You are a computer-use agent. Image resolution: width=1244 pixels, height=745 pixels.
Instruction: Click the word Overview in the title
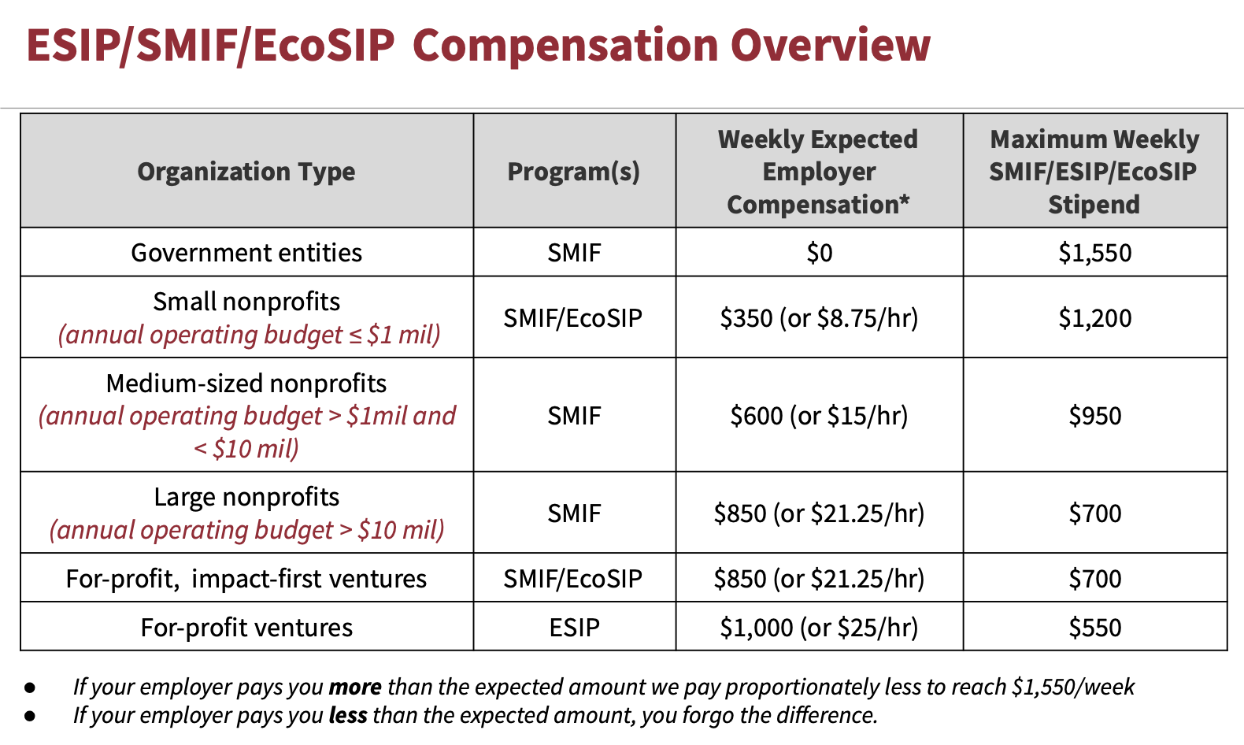click(x=831, y=46)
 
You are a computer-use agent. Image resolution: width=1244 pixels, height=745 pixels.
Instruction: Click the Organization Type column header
click(x=246, y=172)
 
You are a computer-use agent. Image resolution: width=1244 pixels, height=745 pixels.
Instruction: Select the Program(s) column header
click(x=574, y=172)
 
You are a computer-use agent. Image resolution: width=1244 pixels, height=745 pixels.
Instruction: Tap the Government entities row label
click(x=246, y=253)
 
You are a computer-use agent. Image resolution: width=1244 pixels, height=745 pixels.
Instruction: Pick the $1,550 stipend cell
click(x=1094, y=253)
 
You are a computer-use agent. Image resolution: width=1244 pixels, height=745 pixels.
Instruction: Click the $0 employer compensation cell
click(x=819, y=253)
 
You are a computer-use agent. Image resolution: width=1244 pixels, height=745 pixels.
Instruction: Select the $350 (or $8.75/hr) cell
click(x=819, y=318)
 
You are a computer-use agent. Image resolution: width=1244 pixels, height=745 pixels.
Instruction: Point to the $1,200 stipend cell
click(x=1094, y=318)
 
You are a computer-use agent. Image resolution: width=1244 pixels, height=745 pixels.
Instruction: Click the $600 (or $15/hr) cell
click(x=819, y=416)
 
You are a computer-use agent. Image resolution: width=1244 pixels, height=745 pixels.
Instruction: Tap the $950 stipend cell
click(x=1094, y=416)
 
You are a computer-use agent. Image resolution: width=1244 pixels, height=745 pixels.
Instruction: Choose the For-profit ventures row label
click(x=246, y=627)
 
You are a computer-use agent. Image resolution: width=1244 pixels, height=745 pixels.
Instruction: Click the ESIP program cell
click(x=574, y=627)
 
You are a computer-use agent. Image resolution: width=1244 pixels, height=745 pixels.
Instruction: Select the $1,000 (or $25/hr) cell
click(x=819, y=627)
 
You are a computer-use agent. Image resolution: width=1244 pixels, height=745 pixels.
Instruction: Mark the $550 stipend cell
click(x=1094, y=627)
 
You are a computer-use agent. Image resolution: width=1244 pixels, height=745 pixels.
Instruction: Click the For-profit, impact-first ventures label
click(x=246, y=579)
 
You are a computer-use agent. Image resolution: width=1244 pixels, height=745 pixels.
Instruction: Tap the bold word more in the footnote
click(x=355, y=688)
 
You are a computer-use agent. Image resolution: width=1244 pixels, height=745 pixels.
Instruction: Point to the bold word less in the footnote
click(x=348, y=716)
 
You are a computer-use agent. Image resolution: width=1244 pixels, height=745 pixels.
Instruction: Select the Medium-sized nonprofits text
click(x=246, y=384)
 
